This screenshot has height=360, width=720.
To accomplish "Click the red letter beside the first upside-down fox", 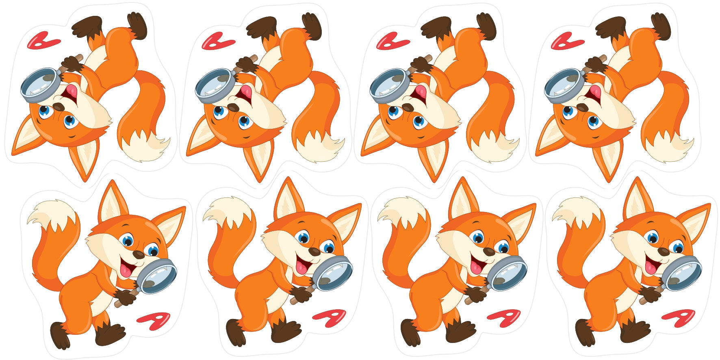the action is (x=43, y=41).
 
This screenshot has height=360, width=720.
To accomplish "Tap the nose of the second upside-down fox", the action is (x=233, y=107).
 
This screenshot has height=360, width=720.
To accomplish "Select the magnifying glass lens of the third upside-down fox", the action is (x=388, y=82).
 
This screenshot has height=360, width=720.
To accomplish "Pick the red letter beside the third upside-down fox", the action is (x=393, y=41).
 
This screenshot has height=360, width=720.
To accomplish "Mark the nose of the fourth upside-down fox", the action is (x=582, y=107).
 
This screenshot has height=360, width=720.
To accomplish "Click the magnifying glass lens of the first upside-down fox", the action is (x=39, y=82).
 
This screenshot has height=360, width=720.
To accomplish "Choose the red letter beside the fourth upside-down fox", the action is (x=568, y=41).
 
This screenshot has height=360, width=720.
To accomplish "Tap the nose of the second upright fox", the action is (x=314, y=252).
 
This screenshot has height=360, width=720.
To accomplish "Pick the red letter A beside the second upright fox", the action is (x=329, y=318).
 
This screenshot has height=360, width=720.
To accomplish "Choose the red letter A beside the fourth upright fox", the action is (x=679, y=318).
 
